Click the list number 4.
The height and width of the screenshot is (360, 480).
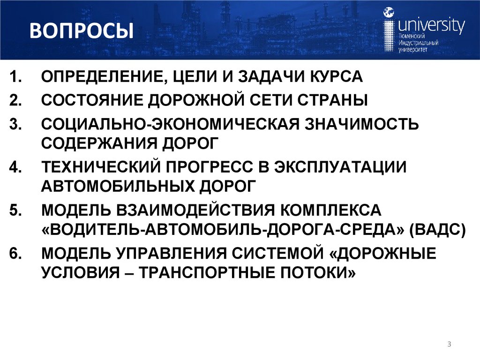coord(16,166)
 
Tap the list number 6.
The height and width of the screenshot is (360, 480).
coord(16,252)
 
